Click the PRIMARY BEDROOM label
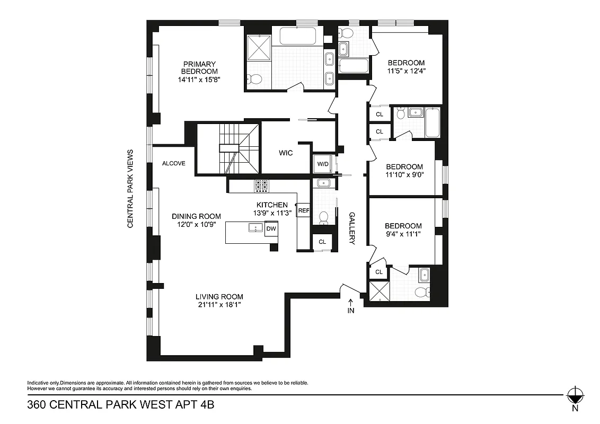pos(199,68)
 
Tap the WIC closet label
pos(286,153)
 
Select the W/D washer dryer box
pos(323,164)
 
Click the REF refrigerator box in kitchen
pos(304,210)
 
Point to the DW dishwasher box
pos(271,228)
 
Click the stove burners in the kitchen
pos(262,185)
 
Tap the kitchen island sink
pos(255,228)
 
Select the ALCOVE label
pos(174,163)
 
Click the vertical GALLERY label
pos(351,228)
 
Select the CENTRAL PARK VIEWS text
pos(129,189)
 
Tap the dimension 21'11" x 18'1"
pos(219,304)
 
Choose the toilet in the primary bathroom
pos(255,79)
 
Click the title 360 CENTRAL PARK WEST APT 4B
pos(120,405)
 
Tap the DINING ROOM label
pos(196,216)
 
